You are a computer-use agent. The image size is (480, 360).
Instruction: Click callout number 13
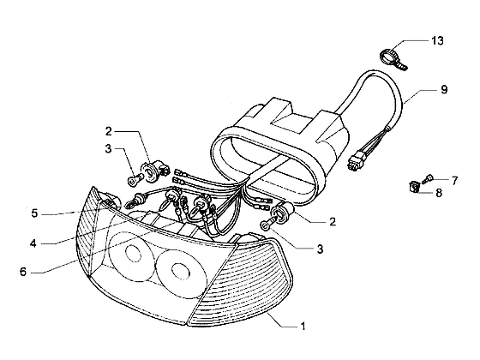tap(437, 41)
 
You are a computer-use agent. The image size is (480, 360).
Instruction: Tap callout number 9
tap(444, 89)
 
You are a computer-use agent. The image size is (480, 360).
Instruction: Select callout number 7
tap(454, 181)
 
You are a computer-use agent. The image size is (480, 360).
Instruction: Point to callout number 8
tap(439, 193)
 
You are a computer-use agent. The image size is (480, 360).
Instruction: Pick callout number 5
tap(34, 213)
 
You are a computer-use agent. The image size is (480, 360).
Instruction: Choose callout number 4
tap(33, 243)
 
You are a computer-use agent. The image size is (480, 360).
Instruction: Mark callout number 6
tap(23, 272)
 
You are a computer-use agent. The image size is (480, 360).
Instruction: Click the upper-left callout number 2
tap(109, 132)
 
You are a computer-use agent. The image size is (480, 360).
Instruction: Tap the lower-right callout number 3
tap(320, 249)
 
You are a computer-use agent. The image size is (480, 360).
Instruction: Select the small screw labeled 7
tap(427, 178)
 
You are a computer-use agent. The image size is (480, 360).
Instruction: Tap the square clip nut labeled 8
tap(413, 187)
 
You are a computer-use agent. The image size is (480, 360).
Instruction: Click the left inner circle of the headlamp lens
tap(134, 254)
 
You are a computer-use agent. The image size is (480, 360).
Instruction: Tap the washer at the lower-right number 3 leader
tap(264, 225)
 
